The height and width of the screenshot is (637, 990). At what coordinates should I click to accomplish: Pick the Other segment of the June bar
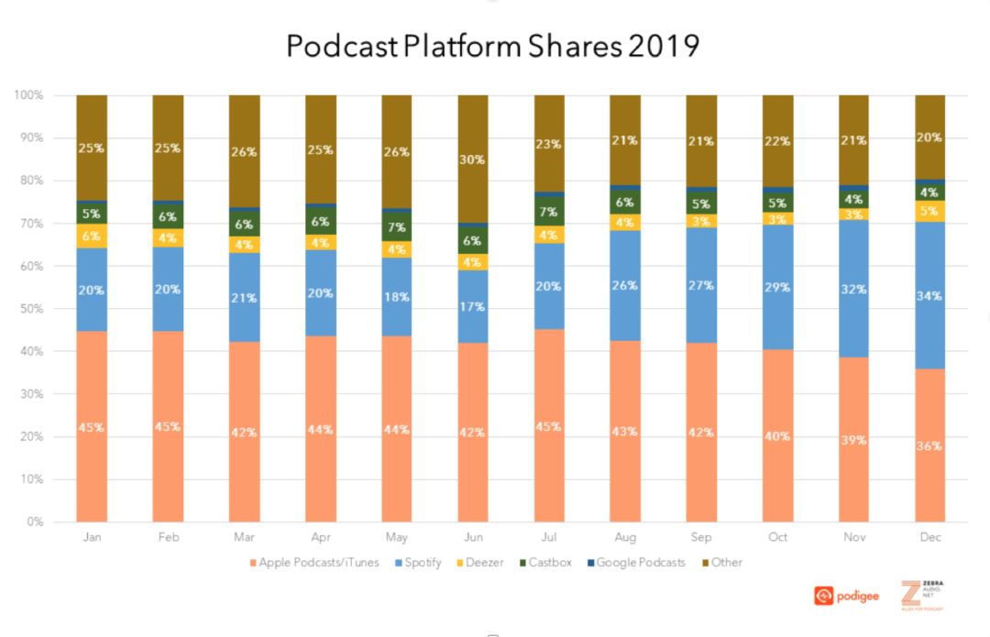(x=473, y=159)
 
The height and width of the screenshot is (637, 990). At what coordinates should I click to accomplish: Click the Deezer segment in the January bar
(x=92, y=236)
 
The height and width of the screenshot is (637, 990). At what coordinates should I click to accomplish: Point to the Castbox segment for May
(x=397, y=226)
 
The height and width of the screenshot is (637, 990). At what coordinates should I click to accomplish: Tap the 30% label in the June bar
(x=473, y=159)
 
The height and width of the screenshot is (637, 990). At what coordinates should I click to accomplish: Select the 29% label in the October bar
(x=778, y=289)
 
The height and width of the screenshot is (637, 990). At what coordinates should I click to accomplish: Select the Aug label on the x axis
(x=626, y=537)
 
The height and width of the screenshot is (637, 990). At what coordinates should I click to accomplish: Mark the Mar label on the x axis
(x=244, y=537)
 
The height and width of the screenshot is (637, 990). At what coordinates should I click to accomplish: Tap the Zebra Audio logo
(x=922, y=596)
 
